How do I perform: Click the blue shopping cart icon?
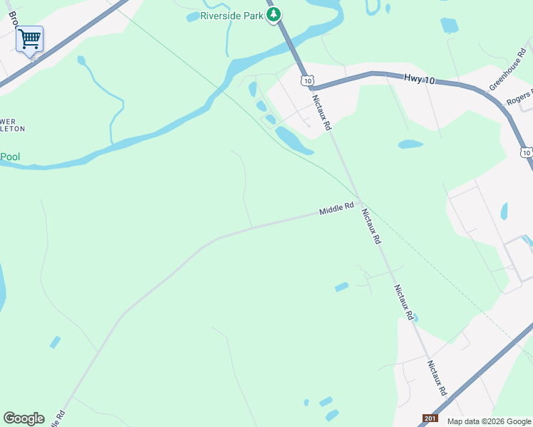pos(29,38)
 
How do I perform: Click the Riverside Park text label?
pos(232,16)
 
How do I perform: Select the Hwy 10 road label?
pos(419,80)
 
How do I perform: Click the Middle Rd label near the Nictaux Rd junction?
pos(336,209)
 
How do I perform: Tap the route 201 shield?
pos(430,418)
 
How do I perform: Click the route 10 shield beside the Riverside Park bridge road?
pos(306,81)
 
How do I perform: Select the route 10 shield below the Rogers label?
pos(526,152)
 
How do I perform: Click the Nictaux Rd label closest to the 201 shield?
pos(437,378)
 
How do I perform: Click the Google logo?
pos(24,418)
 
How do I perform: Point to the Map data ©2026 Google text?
pos(489,421)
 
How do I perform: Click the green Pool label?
pos(9,156)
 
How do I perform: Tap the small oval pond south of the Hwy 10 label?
pos(410,144)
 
